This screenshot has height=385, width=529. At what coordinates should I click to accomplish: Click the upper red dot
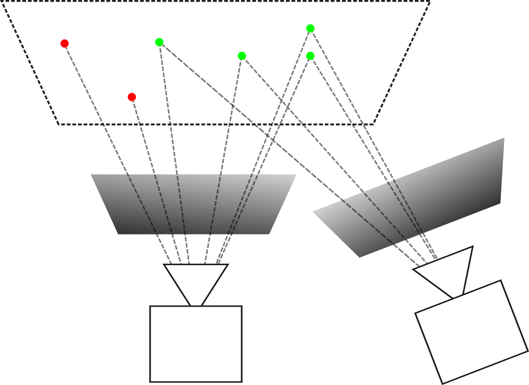(x=65, y=44)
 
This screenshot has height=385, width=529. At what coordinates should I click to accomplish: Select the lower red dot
(x=132, y=97)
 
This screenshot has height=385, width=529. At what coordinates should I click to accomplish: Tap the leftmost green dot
(x=159, y=42)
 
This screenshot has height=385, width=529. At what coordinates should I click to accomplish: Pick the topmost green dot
(x=310, y=28)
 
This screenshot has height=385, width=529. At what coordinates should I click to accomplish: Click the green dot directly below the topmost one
(x=310, y=56)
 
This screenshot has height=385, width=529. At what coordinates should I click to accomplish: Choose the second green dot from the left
(x=242, y=56)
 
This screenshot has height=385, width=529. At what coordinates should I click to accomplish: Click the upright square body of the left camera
(x=196, y=344)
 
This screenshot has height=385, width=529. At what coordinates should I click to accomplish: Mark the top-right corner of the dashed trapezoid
(x=429, y=2)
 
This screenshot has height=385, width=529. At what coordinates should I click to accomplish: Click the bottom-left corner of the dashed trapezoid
(x=59, y=124)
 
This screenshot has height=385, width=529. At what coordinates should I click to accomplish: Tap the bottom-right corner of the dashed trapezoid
(x=373, y=124)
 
